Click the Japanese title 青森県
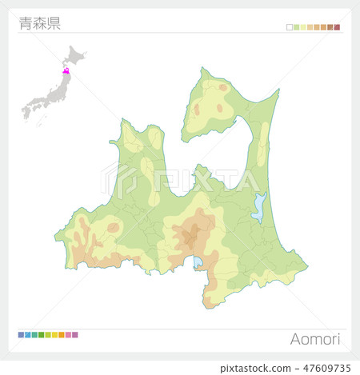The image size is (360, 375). [39, 23]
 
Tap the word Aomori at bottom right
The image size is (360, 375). [315, 339]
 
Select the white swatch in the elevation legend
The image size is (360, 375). [290, 27]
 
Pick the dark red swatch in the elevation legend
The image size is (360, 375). [338, 27]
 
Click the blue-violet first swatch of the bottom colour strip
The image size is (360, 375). [21, 334]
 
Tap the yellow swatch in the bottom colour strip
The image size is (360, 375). [54, 334]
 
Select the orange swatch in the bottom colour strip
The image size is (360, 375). [62, 334]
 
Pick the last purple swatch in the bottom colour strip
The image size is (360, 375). [75, 334]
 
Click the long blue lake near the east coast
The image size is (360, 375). [258, 208]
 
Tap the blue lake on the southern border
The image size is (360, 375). [198, 261]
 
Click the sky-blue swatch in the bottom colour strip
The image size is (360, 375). [27, 334]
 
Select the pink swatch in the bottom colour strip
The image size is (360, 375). [68, 334]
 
